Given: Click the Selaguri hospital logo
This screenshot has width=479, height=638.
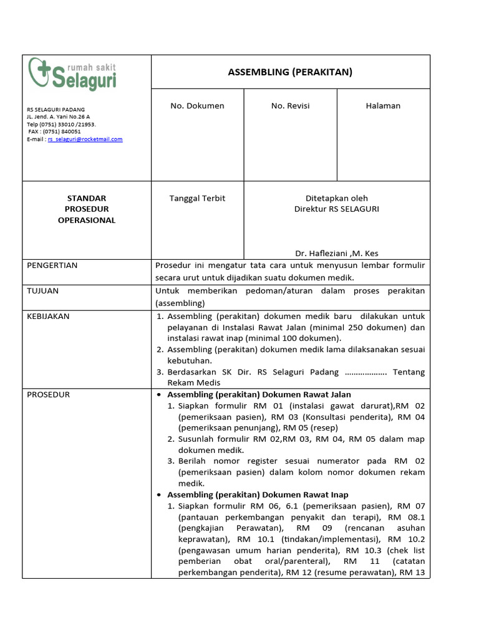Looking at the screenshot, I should point(72,74).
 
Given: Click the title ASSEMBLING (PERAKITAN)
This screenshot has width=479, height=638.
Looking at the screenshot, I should point(290,72).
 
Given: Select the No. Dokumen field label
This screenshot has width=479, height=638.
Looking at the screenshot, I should point(197,106).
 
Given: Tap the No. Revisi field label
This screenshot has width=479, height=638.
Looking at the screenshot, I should point(290,106).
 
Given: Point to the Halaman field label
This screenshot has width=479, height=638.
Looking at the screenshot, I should point(383,106).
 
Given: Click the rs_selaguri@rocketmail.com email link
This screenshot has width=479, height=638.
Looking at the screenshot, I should point(85,140).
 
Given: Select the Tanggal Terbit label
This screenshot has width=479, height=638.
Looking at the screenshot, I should point(197,198).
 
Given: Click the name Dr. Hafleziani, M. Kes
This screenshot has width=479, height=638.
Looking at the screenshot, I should point(337,253).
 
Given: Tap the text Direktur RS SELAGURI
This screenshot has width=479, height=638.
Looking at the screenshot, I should point(337,209).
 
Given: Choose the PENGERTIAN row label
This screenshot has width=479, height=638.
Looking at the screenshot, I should point(52,265).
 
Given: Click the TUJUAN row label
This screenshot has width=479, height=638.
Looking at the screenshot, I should point(43,291).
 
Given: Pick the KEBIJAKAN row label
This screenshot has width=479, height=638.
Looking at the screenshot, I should point(49,317).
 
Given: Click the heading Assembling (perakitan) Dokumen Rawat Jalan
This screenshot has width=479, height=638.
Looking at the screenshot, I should point(259,394).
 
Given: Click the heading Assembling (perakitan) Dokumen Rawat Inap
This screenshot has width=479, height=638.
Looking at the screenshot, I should point(258,495).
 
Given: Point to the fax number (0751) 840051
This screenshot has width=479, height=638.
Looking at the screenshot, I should point(55,132).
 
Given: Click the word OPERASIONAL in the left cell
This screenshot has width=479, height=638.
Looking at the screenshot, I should point(87,221).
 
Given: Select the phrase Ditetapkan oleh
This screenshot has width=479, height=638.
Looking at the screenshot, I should point(337,198).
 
